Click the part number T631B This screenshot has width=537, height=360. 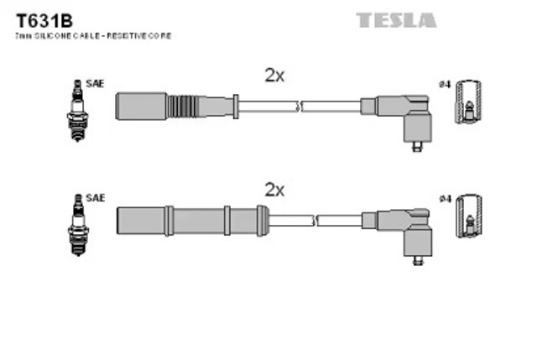pyautogui.click(x=39, y=19)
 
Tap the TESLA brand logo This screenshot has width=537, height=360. pyautogui.click(x=396, y=19)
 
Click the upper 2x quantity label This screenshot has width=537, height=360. pyautogui.click(x=274, y=76)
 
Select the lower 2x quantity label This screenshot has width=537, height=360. pyautogui.click(x=274, y=190)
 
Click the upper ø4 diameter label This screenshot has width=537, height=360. pyautogui.click(x=446, y=85)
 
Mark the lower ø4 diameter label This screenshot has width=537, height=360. pyautogui.click(x=446, y=198)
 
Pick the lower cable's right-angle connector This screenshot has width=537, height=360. pyautogui.click(x=406, y=231)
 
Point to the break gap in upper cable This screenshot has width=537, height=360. pyautogui.click(x=300, y=107)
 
